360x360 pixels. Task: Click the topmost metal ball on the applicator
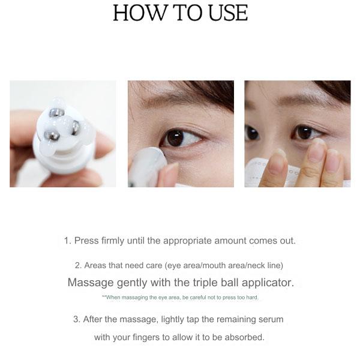click(56, 113)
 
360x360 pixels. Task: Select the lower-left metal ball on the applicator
click(52, 136)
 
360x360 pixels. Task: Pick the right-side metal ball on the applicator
click(76, 127)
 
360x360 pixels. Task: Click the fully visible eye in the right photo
click(304, 132)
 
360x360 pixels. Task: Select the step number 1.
click(67, 241)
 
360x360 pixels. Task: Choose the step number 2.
click(77, 265)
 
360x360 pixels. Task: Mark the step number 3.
click(76, 319)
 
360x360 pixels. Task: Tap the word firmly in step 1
click(110, 241)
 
